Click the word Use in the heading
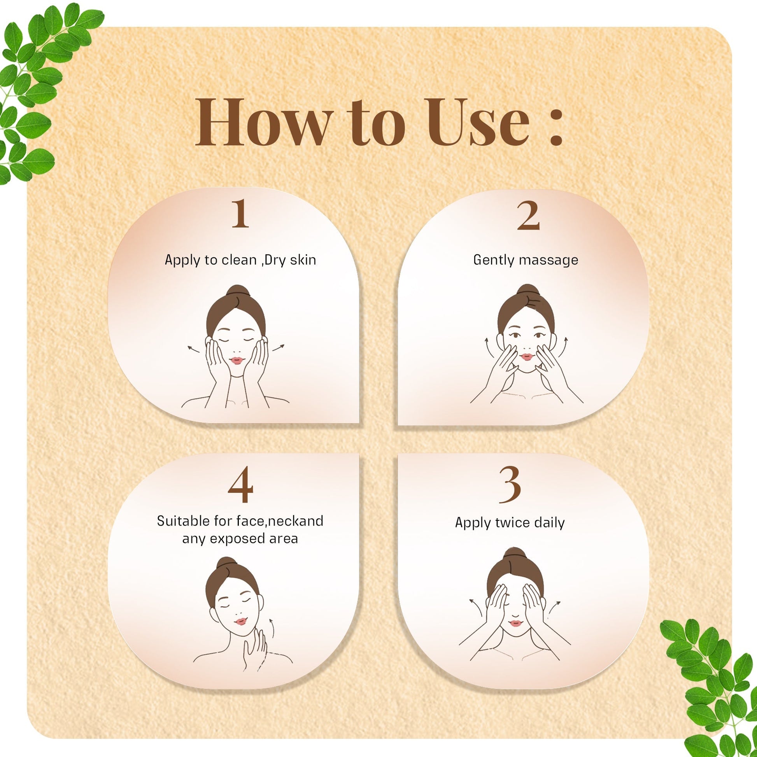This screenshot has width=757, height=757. click(478, 123)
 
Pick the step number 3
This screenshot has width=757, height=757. click(510, 485)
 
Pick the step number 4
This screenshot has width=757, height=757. click(240, 485)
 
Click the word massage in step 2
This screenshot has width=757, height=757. click(547, 260)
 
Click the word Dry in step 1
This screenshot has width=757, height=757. click(275, 260)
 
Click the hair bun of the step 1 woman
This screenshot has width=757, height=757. click(237, 291)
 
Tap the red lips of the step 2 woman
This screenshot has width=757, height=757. click(527, 357)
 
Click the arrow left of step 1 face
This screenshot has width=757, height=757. click(193, 349)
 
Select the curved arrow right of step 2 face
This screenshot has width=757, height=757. click(563, 346)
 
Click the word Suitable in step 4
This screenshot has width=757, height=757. click(183, 521)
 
